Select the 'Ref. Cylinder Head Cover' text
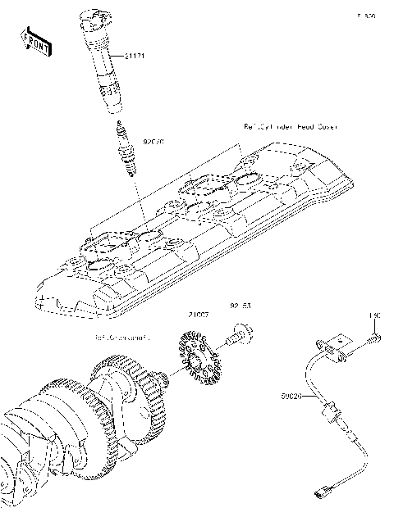pyautogui.click(x=291, y=127)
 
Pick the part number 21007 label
pyautogui.click(x=199, y=315)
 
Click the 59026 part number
pyautogui.click(x=292, y=394)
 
